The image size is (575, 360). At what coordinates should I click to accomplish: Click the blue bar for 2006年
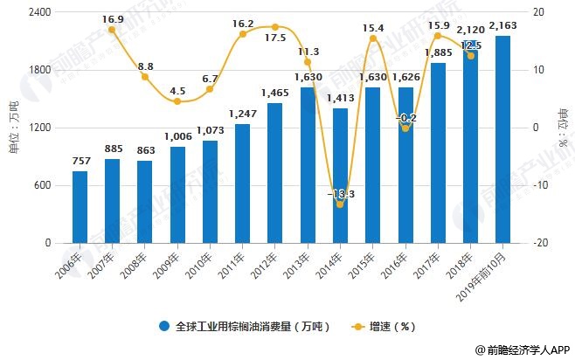pyautogui.click(x=80, y=207)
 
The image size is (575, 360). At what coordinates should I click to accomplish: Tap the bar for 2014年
pyautogui.click(x=340, y=176)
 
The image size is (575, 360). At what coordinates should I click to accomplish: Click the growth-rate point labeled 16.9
pyautogui.click(x=113, y=30)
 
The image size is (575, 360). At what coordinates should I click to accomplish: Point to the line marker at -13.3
pyautogui.click(x=340, y=204)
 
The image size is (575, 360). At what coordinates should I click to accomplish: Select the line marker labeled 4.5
pyautogui.click(x=177, y=101)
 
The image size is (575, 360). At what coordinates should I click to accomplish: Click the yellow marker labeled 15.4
pyautogui.click(x=373, y=38)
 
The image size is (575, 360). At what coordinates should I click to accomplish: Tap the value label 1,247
pyautogui.click(x=242, y=114)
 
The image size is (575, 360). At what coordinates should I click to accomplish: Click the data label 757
pyautogui.click(x=80, y=161)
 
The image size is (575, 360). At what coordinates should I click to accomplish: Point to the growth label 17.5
pyautogui.click(x=274, y=38)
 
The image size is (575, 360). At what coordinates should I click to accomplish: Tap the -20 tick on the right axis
pyautogui.click(x=542, y=243)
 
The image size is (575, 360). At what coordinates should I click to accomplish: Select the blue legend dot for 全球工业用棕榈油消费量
pyautogui.click(x=164, y=327)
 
